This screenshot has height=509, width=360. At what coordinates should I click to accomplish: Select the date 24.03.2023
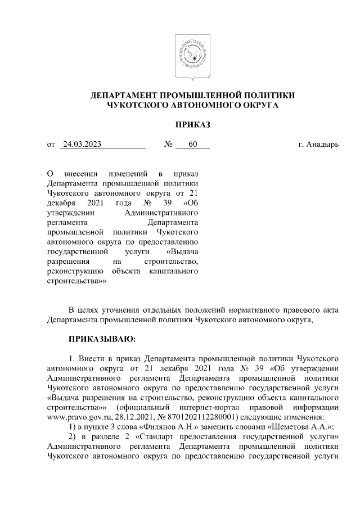click(x=82, y=145)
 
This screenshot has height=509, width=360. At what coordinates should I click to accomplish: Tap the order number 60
click(x=193, y=145)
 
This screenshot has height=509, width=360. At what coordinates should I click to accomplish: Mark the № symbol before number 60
click(x=168, y=145)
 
